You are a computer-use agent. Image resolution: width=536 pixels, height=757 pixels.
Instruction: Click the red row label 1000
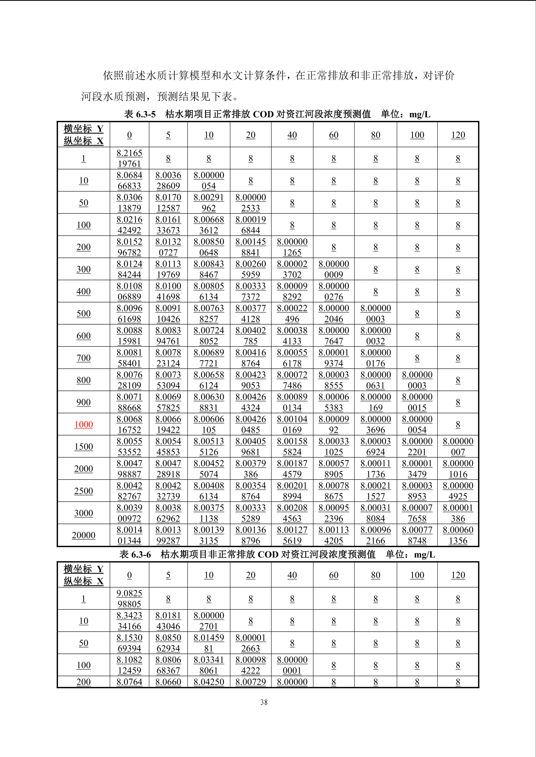(84, 425)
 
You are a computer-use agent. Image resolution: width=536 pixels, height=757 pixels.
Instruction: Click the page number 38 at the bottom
(264, 702)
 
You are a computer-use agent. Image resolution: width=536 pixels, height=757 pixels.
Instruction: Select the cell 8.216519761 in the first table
(129, 158)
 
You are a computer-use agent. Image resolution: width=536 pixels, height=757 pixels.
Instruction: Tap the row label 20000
(84, 535)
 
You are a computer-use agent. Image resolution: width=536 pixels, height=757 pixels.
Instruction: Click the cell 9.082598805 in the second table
(129, 598)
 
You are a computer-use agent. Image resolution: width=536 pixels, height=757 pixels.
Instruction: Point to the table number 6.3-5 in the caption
(146, 114)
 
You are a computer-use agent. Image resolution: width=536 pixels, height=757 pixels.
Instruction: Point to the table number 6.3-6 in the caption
(141, 554)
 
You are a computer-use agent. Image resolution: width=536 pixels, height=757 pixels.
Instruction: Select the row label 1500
(84, 447)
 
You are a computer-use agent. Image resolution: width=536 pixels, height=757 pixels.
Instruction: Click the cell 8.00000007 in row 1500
(458, 447)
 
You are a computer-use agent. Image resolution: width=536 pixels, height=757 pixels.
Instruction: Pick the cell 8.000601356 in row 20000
(458, 535)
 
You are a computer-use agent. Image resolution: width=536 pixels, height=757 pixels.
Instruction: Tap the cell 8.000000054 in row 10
(209, 181)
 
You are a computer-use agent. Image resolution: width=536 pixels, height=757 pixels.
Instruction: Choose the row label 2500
(84, 491)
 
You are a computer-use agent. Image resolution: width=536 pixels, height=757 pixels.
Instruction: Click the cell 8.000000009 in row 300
(334, 269)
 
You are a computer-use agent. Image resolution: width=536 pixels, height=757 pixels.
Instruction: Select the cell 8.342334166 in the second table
(129, 621)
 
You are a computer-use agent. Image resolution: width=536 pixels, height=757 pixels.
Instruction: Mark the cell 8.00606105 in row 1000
(209, 425)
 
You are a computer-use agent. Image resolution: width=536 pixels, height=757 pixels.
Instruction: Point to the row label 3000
(84, 513)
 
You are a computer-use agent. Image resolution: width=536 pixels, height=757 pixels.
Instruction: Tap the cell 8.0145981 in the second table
(209, 643)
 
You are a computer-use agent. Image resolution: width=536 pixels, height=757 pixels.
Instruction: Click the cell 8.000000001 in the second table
(292, 665)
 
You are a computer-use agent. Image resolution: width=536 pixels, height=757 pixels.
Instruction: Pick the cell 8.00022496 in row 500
(292, 314)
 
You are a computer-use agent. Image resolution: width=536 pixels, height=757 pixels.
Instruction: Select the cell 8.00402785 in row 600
(250, 336)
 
